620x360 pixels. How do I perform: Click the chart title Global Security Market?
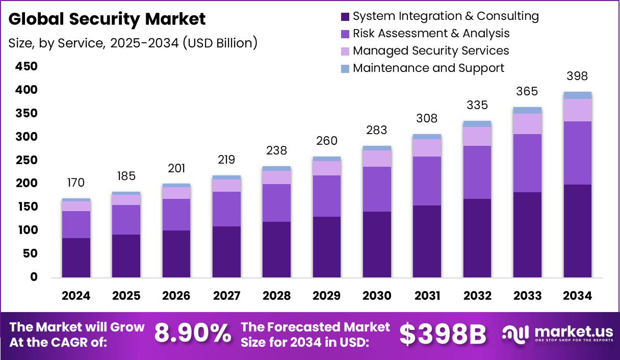107,19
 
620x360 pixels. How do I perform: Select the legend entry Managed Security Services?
430,50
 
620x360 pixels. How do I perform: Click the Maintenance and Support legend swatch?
345,68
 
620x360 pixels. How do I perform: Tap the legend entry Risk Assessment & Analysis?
430,33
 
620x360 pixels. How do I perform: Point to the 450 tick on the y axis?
27,66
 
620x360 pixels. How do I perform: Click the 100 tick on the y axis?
27,230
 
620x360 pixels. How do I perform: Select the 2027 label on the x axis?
226,296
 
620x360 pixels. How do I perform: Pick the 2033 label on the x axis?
527,296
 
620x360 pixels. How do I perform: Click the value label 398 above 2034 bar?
577,76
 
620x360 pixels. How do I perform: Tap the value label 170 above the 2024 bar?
75,183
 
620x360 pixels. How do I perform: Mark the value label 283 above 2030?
377,130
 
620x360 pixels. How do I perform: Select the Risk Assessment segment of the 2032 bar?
477,172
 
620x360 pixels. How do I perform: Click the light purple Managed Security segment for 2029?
327,168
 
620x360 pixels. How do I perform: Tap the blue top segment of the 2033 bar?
527,110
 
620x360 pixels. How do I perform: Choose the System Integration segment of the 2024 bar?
75,258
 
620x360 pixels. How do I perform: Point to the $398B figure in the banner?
442,334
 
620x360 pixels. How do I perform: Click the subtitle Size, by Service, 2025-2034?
133,43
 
